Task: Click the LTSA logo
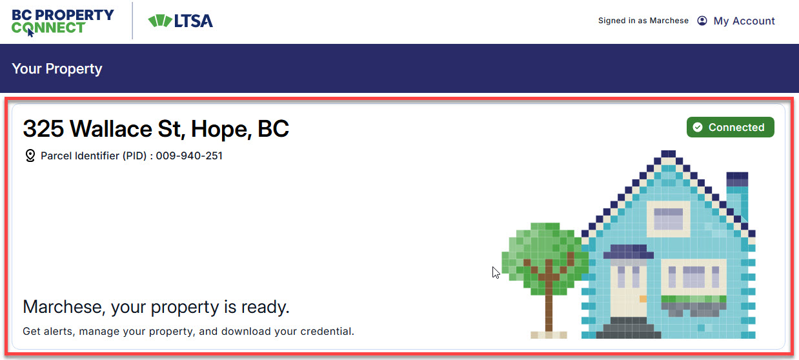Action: coord(181,21)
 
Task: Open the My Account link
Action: coord(744,21)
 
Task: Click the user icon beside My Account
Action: coord(702,21)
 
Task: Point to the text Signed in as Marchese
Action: coord(643,21)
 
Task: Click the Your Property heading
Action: coord(57,68)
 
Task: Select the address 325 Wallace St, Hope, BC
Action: coord(156,128)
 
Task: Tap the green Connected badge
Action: coord(730,127)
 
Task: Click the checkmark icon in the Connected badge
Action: coord(698,127)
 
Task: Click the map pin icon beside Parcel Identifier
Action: coord(30,155)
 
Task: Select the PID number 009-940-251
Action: coord(189,155)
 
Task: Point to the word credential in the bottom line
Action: coord(327,331)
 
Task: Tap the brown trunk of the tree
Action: coord(549,306)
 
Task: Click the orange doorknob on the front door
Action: coord(643,299)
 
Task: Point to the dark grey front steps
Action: coord(629,328)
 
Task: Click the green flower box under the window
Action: coord(694,299)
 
